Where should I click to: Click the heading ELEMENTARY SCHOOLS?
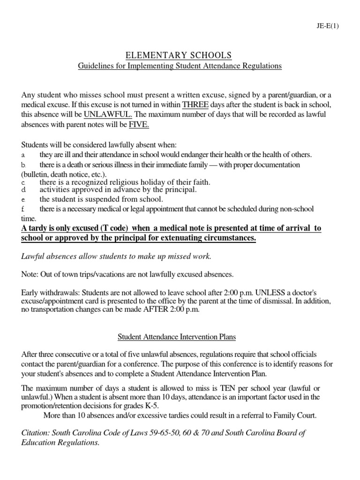(x=180, y=56)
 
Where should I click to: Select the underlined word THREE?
(x=195, y=104)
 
